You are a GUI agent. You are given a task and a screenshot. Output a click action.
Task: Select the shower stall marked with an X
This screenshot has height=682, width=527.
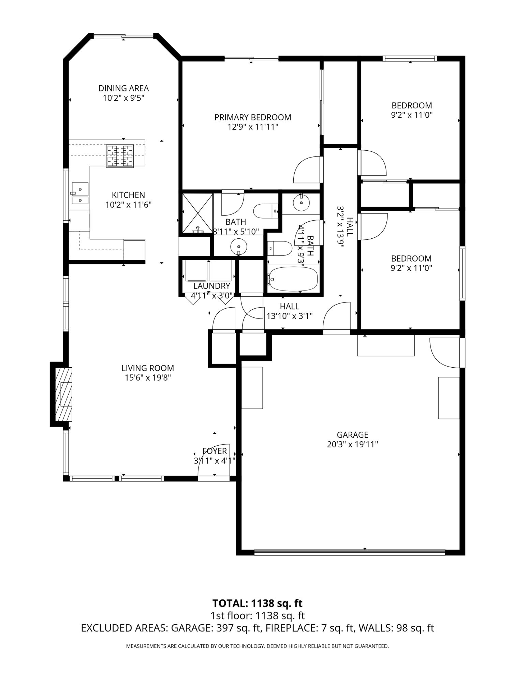tap(197, 213)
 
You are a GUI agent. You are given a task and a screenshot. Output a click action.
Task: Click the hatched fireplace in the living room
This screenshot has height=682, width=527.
tap(64, 394)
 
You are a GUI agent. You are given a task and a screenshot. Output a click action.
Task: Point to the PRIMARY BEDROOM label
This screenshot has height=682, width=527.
tap(252, 117)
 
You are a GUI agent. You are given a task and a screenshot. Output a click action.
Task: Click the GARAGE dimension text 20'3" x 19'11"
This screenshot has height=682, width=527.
tap(352, 444)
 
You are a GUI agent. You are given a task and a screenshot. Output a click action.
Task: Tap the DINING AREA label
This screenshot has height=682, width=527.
tap(123, 88)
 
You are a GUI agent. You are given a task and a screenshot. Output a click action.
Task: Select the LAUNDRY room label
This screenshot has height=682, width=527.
tap(211, 286)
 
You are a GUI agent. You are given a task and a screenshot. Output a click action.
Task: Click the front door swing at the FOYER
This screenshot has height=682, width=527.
tap(215, 461)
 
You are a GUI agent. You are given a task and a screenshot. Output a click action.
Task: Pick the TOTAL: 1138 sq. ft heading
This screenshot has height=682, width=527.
tap(257, 603)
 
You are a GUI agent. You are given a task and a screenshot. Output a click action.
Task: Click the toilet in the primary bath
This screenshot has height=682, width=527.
tap(266, 210)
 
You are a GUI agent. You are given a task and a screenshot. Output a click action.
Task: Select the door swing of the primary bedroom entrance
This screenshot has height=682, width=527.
tap(307, 170)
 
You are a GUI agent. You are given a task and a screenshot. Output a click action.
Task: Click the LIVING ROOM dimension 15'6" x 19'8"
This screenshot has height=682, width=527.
tap(147, 377)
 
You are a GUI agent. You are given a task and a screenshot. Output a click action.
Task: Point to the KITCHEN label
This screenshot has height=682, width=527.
tap(128, 195)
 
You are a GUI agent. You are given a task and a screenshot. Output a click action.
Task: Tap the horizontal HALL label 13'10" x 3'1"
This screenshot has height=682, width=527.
tap(289, 311)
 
